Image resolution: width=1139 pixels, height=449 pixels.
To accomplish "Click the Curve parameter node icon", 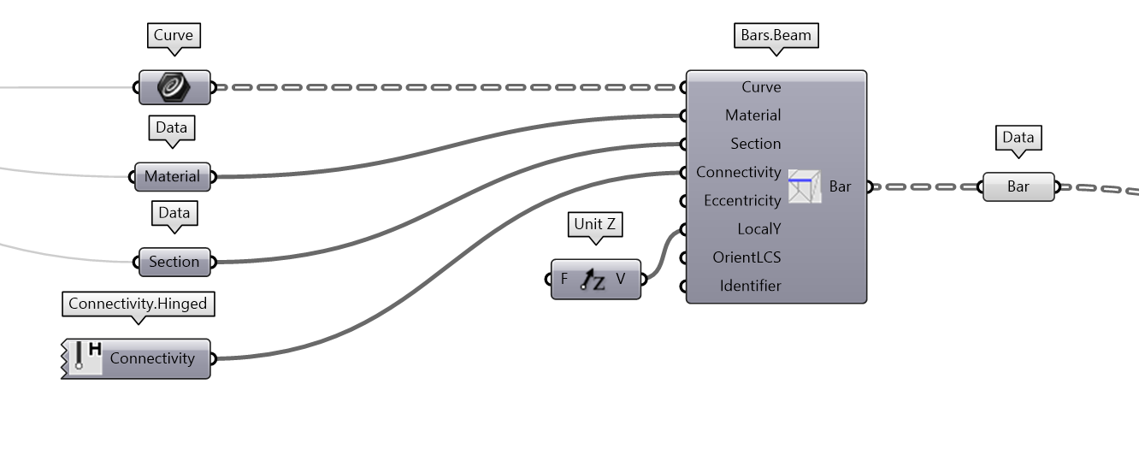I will click(174, 87).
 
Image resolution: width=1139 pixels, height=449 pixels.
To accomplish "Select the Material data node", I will click(172, 177).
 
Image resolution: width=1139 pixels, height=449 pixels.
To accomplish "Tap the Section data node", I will click(174, 262).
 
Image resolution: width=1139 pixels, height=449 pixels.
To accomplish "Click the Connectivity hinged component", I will click(151, 358).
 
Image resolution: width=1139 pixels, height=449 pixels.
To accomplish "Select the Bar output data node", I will click(1018, 186).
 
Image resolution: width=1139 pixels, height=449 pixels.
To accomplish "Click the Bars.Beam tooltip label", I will click(776, 36).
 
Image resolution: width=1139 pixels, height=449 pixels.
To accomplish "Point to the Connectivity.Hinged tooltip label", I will click(138, 304).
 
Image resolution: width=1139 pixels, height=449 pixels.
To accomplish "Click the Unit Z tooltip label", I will click(594, 224).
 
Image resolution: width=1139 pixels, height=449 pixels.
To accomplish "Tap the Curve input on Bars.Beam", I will click(760, 87).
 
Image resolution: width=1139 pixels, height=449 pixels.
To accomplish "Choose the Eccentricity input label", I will click(741, 201).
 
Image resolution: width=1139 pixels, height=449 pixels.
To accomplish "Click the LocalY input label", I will click(758, 229).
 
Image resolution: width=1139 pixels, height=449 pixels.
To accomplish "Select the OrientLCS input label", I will click(747, 257).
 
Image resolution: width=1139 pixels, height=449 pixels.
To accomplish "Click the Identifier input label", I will click(750, 286).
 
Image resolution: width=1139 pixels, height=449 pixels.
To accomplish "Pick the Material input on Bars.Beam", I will click(752, 115).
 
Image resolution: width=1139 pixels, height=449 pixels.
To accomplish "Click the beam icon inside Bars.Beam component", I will click(804, 186).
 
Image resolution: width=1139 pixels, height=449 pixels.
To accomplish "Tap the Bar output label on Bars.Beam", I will click(840, 186).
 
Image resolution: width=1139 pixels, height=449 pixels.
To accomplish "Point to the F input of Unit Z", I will click(564, 280).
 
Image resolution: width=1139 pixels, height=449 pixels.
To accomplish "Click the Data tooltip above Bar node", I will click(1018, 138).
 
